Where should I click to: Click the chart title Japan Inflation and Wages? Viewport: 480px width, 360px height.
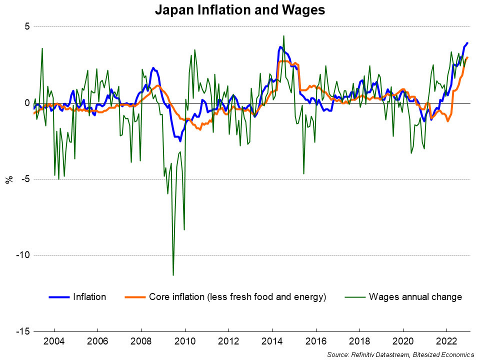point(239,9)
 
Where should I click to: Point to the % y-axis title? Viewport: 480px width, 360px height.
point(9,179)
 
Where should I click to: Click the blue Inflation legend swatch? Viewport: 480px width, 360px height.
point(58,297)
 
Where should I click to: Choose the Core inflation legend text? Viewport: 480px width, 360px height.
point(237,297)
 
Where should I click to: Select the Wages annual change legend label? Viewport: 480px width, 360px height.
point(415,297)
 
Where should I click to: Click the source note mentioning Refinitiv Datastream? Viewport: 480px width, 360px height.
point(400,354)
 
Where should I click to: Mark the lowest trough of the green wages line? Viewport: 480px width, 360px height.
point(173,275)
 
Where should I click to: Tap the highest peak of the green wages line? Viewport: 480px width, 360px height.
point(283,36)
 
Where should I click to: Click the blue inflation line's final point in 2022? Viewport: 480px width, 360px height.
point(467,43)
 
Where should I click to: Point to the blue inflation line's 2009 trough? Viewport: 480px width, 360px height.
point(180,141)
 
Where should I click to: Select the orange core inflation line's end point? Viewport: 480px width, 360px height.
point(467,57)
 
